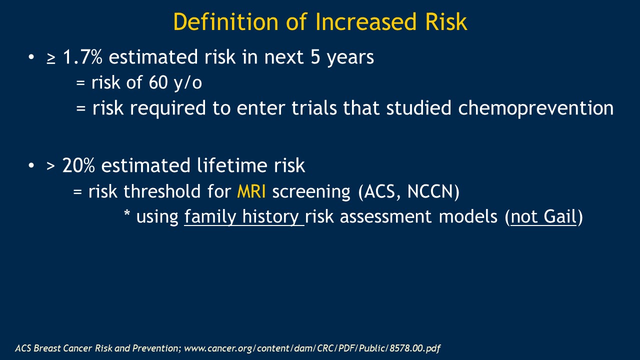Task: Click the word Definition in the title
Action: [x=225, y=21]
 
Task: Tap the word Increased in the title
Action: [x=366, y=21]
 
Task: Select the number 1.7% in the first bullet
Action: [x=82, y=56]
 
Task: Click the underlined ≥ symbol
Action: [x=51, y=57]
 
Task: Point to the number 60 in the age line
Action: [x=158, y=82]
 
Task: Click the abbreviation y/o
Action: [x=187, y=83]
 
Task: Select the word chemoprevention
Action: [x=535, y=108]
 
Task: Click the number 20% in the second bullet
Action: [x=78, y=165]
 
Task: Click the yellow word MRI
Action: [x=251, y=191]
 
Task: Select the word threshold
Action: [x=162, y=191]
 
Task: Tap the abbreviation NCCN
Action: [x=430, y=191]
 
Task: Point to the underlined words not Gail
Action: [x=543, y=216]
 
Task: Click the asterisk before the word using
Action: [x=127, y=213]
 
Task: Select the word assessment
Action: [x=385, y=216]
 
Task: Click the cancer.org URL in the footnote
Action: [x=312, y=348]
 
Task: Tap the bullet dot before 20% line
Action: [x=31, y=165]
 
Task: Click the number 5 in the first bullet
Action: [x=315, y=56]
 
